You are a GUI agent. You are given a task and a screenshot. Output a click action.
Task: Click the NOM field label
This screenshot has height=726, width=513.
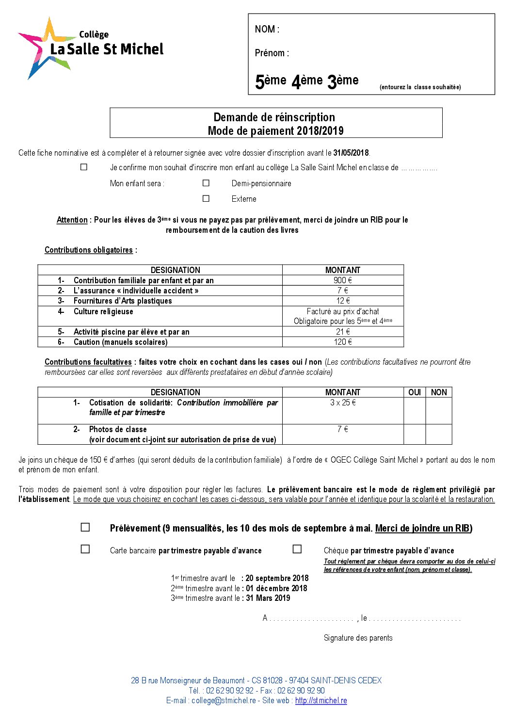click(267, 29)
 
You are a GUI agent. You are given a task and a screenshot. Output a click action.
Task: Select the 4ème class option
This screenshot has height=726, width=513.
click(307, 81)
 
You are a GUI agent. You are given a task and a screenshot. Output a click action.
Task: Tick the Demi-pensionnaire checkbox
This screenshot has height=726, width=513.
click(206, 183)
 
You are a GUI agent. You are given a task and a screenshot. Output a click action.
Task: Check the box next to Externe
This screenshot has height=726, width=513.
click(206, 198)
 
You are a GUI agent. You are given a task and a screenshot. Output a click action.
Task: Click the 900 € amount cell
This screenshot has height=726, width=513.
click(343, 280)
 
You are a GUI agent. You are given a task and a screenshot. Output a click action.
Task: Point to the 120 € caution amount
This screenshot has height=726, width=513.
click(343, 342)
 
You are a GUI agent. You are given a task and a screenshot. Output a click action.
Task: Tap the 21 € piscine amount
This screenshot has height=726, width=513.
click(343, 332)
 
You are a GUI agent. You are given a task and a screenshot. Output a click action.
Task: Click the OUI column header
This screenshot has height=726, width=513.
click(415, 392)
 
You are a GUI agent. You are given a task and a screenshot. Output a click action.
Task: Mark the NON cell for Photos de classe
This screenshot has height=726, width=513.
click(439, 434)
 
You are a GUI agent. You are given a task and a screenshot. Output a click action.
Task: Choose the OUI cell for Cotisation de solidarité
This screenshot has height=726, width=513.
click(415, 411)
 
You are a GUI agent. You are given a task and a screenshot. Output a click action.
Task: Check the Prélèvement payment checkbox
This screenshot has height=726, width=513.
click(85, 527)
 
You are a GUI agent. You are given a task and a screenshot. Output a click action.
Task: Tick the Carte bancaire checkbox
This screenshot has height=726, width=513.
click(85, 549)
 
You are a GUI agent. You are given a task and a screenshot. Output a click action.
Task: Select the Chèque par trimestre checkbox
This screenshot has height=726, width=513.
click(297, 549)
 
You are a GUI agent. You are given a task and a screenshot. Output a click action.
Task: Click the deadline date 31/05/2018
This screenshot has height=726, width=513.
click(351, 153)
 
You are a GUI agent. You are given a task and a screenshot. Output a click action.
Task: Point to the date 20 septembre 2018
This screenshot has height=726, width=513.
click(277, 578)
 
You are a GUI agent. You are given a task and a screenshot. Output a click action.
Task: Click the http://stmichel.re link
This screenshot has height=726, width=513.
click(321, 700)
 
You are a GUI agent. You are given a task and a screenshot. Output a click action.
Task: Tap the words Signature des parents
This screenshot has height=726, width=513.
click(358, 638)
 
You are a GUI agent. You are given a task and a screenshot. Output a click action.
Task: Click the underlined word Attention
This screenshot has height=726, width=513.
click(72, 220)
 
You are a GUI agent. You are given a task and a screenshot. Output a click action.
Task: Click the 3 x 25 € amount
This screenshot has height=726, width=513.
click(343, 403)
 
